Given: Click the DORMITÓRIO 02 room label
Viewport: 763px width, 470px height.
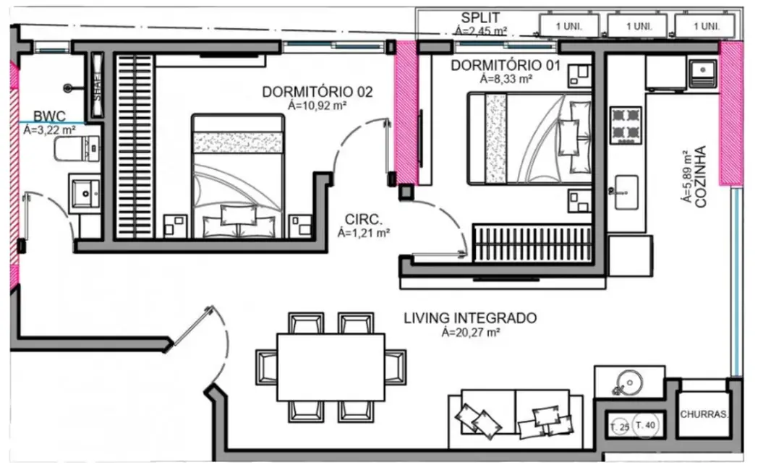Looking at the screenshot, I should (317, 92).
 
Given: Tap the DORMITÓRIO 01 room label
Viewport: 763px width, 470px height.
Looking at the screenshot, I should (506, 66).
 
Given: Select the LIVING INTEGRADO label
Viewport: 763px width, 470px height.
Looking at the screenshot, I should (469, 318).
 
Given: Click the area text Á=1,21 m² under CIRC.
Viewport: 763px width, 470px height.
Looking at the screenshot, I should (364, 233).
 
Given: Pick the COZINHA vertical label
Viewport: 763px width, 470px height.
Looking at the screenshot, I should (700, 178).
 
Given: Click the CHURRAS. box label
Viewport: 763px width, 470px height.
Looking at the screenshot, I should (704, 415).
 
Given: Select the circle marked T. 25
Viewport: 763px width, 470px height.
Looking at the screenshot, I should (619, 427).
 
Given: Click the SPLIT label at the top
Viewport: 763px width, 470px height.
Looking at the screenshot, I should (480, 18).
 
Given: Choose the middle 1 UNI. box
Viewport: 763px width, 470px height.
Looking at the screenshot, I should (638, 26).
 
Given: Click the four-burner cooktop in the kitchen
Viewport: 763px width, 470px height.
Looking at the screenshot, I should (626, 124).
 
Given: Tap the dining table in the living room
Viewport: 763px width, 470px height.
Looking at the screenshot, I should (330, 367).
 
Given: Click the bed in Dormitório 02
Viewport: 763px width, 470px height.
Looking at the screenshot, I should (238, 176).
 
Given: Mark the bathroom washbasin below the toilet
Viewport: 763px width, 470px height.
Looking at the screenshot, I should (86, 192).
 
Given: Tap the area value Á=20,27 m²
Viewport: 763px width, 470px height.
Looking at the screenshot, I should (470, 333).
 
